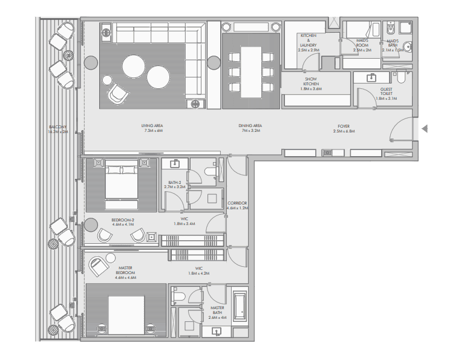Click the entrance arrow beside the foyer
coord(425,128)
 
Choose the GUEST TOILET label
coord(386,93)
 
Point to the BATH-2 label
coord(174,184)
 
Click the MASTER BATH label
coord(217,312)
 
